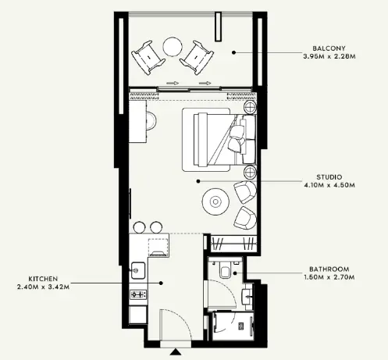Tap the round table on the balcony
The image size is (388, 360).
172,48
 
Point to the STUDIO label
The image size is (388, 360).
325,177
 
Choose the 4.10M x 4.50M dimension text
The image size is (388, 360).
325,187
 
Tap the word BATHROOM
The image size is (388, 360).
327,269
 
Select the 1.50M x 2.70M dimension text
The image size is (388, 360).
327,278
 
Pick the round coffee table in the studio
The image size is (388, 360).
212,201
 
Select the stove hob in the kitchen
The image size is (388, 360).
138,294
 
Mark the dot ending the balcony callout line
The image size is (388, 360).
234,52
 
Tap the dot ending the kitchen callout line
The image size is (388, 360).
162,283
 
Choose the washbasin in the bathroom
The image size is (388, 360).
247,296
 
